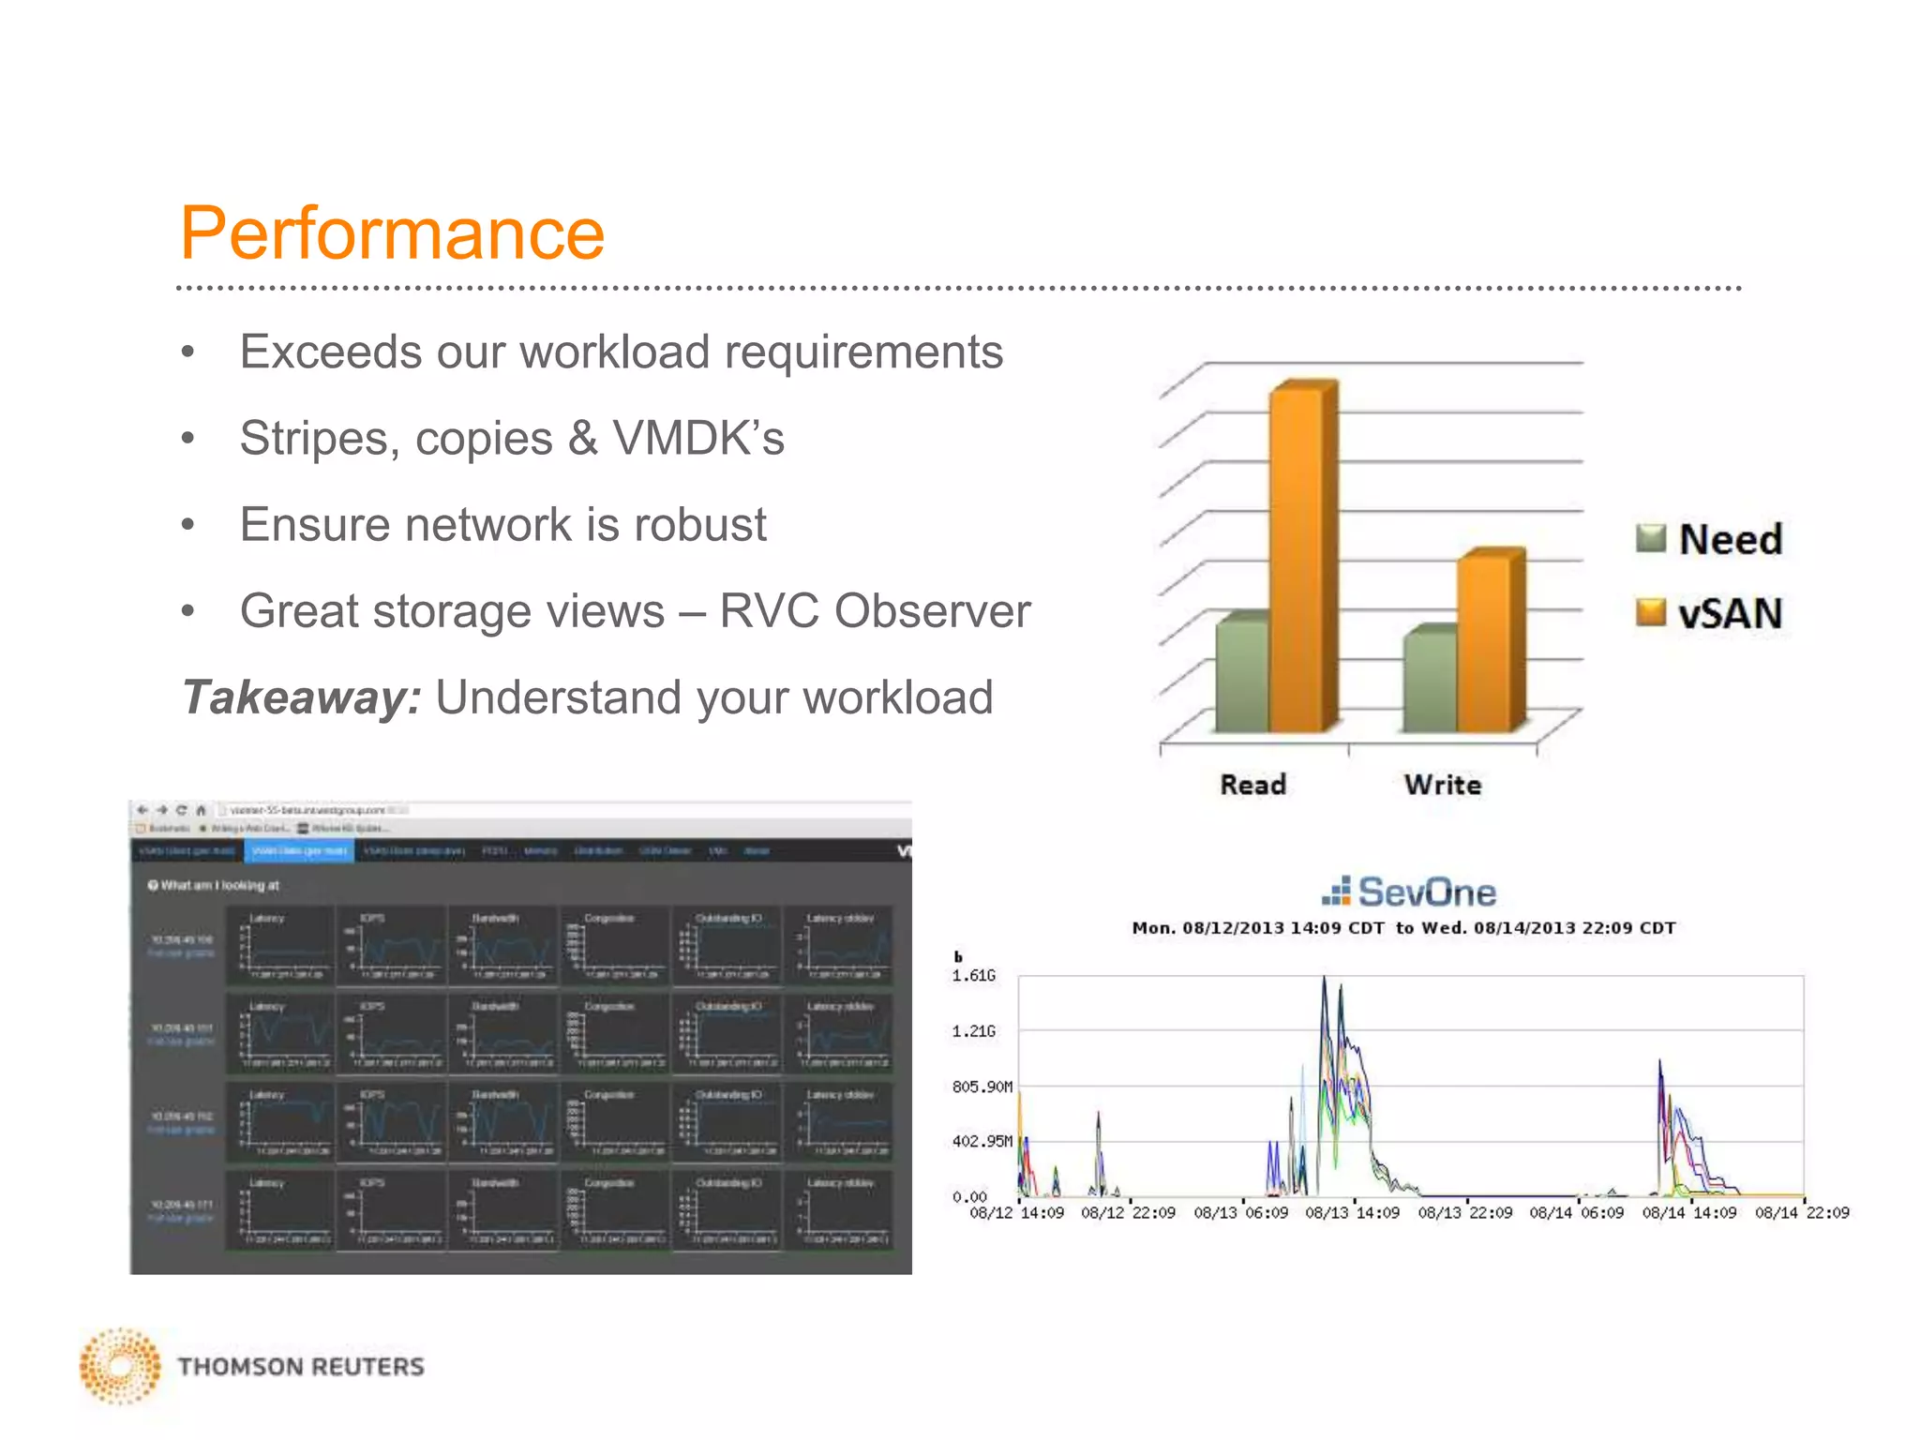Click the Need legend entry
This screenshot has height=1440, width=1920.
pyautogui.click(x=1710, y=539)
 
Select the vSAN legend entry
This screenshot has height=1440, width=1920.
pyautogui.click(x=1710, y=613)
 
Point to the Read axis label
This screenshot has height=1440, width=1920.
pyautogui.click(x=1252, y=785)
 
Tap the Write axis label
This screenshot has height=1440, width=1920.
pyautogui.click(x=1443, y=785)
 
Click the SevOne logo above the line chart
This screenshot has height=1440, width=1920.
pyautogui.click(x=1409, y=892)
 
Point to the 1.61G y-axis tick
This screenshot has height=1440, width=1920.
pyautogui.click(x=973, y=976)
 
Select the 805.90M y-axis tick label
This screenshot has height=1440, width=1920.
pyautogui.click(x=982, y=1087)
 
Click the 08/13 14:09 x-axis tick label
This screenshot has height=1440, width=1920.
pyautogui.click(x=1352, y=1213)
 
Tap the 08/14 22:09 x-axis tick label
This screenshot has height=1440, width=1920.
pyautogui.click(x=1801, y=1213)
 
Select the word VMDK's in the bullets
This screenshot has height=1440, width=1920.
pyautogui.click(x=698, y=438)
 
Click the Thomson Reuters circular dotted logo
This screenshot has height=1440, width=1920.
pyautogui.click(x=120, y=1366)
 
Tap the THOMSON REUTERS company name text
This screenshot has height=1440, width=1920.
pyautogui.click(x=301, y=1366)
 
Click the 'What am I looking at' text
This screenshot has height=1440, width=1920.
pyautogui.click(x=219, y=885)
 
